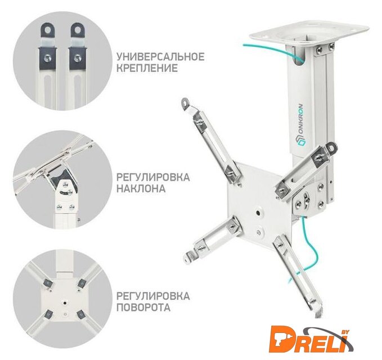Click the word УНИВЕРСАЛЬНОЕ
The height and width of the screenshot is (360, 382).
pos(160,57)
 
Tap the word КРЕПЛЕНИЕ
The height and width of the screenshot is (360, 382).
pos(147,68)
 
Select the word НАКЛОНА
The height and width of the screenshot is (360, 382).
pos(141,188)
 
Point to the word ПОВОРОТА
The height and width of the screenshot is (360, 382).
pos(143,307)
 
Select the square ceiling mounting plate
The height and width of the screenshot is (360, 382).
pos(309,34)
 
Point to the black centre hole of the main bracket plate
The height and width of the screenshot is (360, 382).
pos(258,213)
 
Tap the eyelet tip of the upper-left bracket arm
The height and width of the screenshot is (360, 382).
pos(186,102)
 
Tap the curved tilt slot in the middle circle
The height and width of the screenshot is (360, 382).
pos(64,192)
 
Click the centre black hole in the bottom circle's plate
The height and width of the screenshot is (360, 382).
pos(65,303)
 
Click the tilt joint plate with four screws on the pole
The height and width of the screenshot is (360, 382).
pos(309,199)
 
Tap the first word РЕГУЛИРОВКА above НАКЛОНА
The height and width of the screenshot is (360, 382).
pos(153,177)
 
